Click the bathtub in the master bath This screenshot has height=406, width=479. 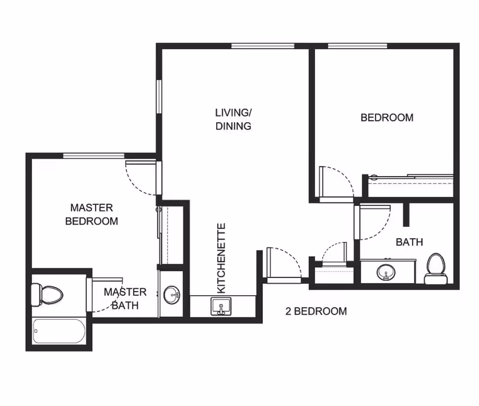coord(59,331)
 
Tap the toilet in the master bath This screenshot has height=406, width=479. coord(47,295)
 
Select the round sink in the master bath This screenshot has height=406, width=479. coord(172,295)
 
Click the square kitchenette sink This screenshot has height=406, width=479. coord(221,306)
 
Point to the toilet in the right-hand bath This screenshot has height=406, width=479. coord(436,269)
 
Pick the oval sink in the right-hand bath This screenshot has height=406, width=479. coord(386,272)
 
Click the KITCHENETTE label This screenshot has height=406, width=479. coord(221,258)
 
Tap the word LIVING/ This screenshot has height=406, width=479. coord(233,113)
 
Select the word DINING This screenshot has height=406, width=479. coord(234,126)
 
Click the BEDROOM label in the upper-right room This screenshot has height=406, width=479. coord(387,117)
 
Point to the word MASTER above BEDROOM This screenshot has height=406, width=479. coord(92,208)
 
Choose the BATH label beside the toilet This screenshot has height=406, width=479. coord(410,243)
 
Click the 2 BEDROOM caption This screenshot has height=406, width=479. coord(316,311)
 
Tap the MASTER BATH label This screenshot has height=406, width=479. coord(125,298)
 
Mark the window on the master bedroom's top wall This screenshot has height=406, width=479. coord(94,156)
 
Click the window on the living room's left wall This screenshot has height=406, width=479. coord(159,97)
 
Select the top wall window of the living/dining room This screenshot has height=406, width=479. coord(263,46)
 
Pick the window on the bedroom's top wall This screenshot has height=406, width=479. coord(357,46)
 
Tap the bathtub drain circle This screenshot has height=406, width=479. coord(36,331)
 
